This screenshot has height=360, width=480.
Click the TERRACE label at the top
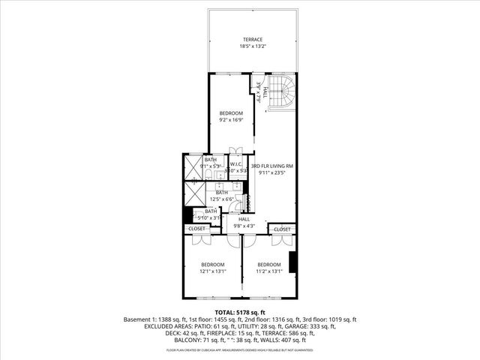[252, 39]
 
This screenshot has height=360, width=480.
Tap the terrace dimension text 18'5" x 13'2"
[252, 46]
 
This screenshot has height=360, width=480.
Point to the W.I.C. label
[235, 164]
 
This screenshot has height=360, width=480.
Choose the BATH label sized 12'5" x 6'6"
[222, 193]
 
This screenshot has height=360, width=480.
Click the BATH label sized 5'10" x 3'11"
[211, 211]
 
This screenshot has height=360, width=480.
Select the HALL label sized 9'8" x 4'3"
[244, 219]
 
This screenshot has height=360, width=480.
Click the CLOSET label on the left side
[196, 229]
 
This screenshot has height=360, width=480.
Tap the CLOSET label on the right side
[282, 229]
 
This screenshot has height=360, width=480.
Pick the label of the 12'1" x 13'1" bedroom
[212, 265]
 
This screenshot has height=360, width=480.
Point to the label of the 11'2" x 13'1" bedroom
[268, 265]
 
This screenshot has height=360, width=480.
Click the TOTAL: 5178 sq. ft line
[240, 312]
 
